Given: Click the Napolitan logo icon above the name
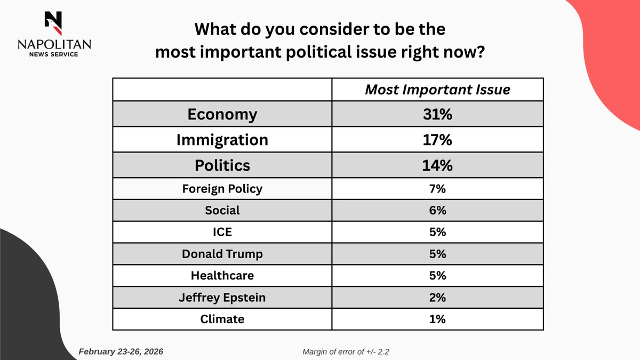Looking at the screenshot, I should pos(53,21).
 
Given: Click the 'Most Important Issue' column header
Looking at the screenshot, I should pos(437,90).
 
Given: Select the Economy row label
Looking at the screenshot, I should pos(222,114).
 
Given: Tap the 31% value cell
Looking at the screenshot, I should pos(437,114).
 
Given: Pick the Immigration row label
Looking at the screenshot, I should pos(222,140).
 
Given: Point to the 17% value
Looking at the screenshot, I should pos(437,140).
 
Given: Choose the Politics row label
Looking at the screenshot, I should pos(222,165).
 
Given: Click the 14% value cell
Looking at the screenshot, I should pos(437,165).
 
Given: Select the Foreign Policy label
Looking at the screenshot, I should pos(222,189).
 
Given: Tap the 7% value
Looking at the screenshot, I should pos(437,189).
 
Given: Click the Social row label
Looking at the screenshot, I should pos(222,211).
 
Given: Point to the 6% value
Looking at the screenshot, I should pos(437,211).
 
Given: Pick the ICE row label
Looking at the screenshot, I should pos(222,233).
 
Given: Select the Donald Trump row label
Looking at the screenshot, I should pos(222,254).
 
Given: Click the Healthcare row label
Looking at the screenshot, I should pos(222,276).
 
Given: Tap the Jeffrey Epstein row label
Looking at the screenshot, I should pos(222,298).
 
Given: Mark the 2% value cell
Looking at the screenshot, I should pos(437,298).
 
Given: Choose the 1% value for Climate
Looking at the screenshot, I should pos(437,319).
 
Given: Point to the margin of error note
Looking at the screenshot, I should pos(349,352).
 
